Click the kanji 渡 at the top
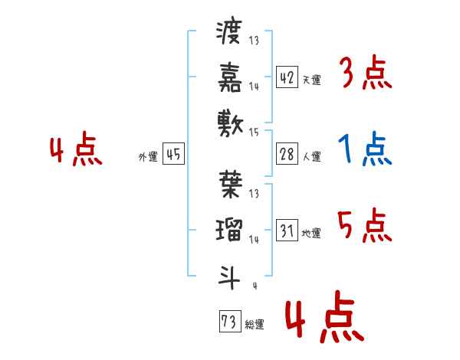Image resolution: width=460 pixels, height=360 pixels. point(229,32)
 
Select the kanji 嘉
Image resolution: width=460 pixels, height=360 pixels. point(229,76)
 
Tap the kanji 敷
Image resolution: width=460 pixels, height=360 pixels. point(229,121)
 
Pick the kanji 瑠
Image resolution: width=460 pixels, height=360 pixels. point(229,228)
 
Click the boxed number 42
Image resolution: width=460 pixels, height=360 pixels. point(287,77)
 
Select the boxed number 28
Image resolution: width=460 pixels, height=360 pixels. point(287,153)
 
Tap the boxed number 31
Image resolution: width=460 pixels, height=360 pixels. point(287,230)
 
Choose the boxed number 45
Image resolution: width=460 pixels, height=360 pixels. point(173,154)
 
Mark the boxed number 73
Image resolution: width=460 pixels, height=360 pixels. point(228,322)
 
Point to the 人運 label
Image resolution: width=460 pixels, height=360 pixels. point(312,156)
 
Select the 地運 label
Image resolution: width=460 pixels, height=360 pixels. point(312,233)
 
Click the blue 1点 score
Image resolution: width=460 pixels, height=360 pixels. point(365,149)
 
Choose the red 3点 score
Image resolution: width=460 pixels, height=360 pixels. point(365,74)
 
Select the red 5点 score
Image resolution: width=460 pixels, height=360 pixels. point(365,226)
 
